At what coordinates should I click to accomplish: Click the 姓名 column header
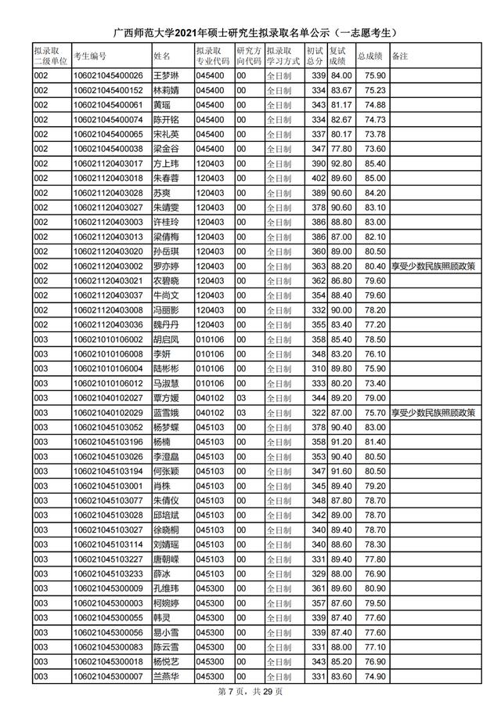click(x=162, y=56)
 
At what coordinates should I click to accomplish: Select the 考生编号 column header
click(x=90, y=56)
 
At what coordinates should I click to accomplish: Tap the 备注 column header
click(x=400, y=56)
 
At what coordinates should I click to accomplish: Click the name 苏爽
click(x=160, y=193)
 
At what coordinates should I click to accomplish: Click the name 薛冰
click(x=160, y=574)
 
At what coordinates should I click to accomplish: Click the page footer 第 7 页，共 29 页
click(x=250, y=692)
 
